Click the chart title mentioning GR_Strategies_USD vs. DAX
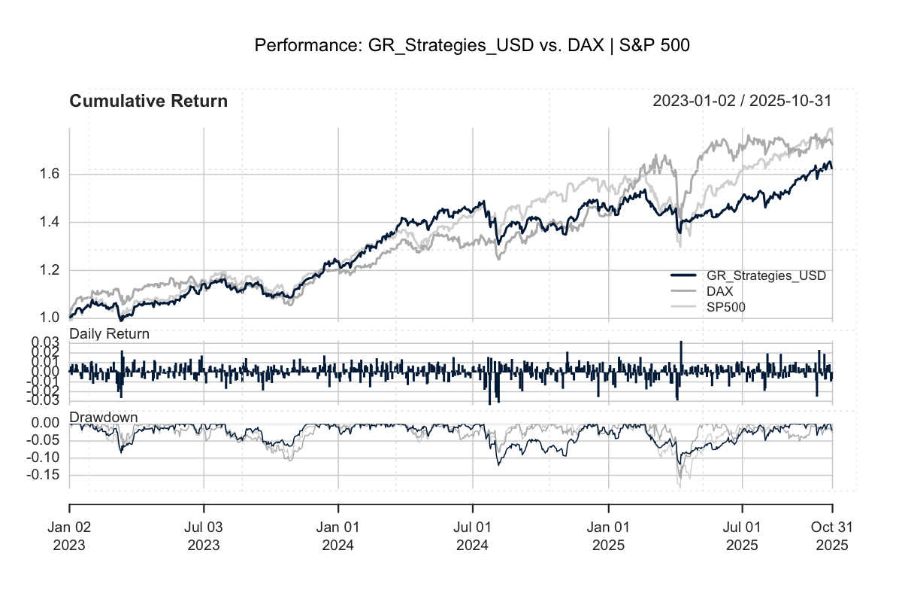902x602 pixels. (x=472, y=46)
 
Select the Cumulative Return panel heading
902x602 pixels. (x=148, y=101)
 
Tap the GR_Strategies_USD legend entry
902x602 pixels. (x=761, y=275)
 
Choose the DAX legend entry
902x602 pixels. (x=719, y=290)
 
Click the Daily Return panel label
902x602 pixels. (x=109, y=333)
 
